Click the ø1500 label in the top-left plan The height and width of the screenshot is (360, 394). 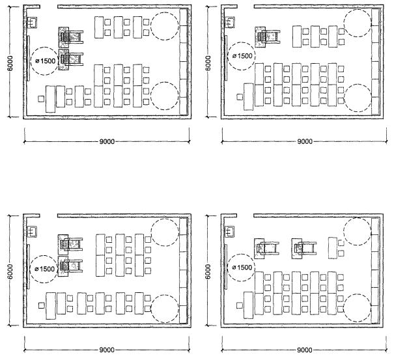(x=45, y=61)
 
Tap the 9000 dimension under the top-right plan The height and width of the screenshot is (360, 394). (x=305, y=141)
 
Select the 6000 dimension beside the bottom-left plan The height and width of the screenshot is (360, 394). (x=10, y=271)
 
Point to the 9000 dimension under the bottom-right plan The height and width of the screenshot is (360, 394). (x=305, y=350)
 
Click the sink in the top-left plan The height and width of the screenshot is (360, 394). (x=32, y=23)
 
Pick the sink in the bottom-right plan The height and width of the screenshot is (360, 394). (x=229, y=231)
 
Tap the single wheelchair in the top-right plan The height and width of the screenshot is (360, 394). (x=268, y=37)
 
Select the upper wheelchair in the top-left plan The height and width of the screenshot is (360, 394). (x=70, y=37)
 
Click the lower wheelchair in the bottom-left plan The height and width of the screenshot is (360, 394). (x=70, y=266)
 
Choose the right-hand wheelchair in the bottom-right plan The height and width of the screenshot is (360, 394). (x=303, y=249)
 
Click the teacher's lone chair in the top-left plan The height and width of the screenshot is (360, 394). (x=41, y=99)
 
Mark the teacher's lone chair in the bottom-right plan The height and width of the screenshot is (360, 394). (x=240, y=305)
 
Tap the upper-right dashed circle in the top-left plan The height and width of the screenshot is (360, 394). (x=165, y=26)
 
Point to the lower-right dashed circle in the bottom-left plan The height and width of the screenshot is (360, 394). (x=165, y=309)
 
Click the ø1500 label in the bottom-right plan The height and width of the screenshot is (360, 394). (x=242, y=268)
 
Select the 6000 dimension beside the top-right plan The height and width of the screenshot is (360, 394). (x=208, y=63)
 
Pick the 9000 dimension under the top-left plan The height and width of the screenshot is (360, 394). (x=107, y=141)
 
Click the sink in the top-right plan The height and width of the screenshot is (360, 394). (x=229, y=22)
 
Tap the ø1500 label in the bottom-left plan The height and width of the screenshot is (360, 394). (x=45, y=269)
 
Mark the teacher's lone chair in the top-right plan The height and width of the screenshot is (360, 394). (x=240, y=97)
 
